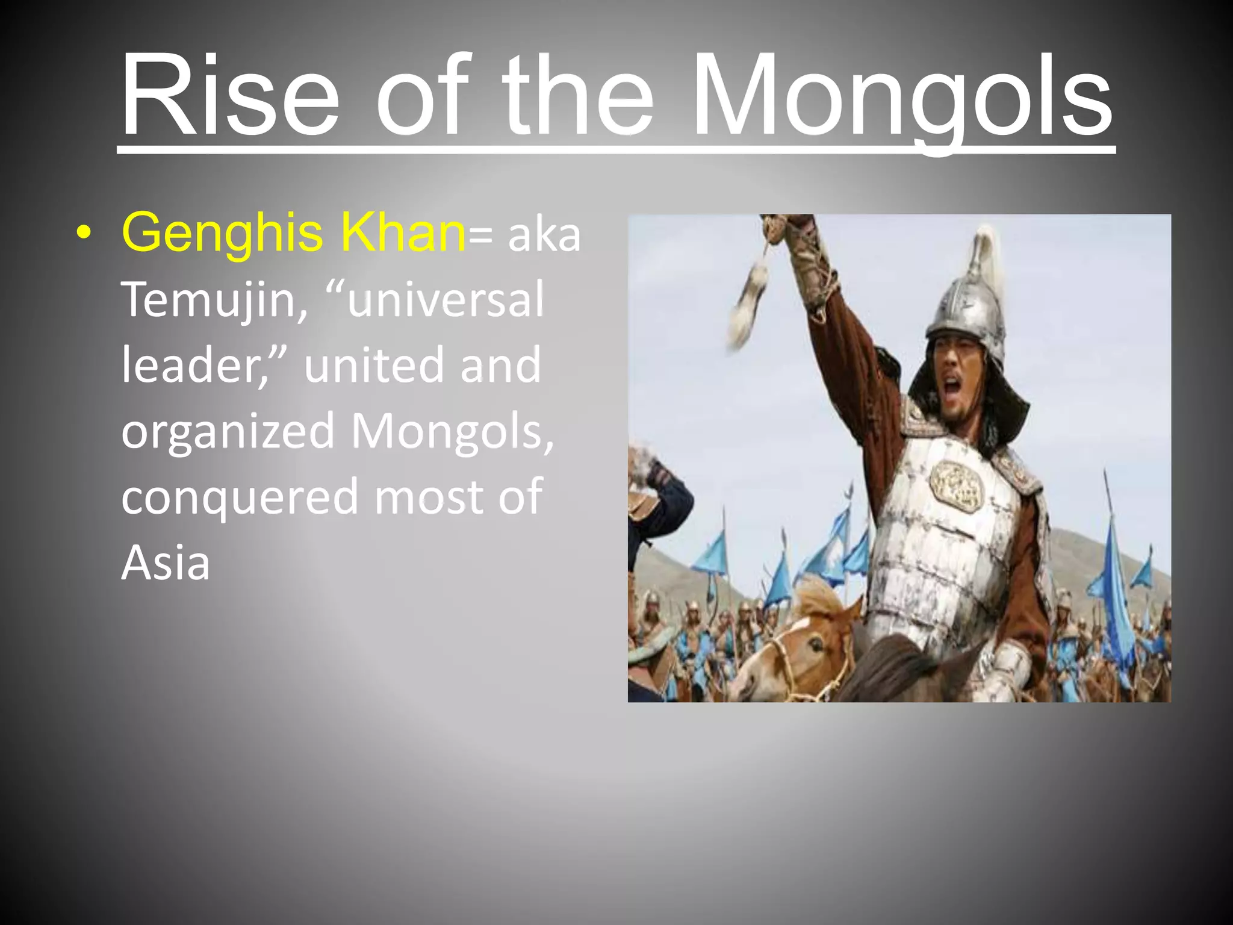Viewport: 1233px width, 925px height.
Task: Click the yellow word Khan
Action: [x=403, y=232]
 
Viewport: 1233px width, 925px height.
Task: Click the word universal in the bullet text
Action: [x=445, y=299]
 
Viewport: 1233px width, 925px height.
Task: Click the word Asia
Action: [x=166, y=562]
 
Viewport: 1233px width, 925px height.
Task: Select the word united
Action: [x=376, y=366]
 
